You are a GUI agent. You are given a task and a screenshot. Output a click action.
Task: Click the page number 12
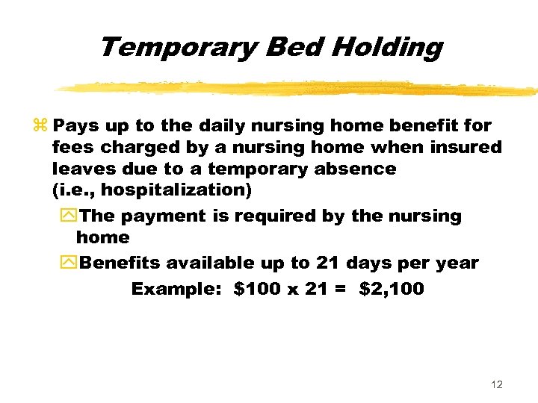[497, 384]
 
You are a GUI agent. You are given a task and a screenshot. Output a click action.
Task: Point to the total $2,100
[391, 289]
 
